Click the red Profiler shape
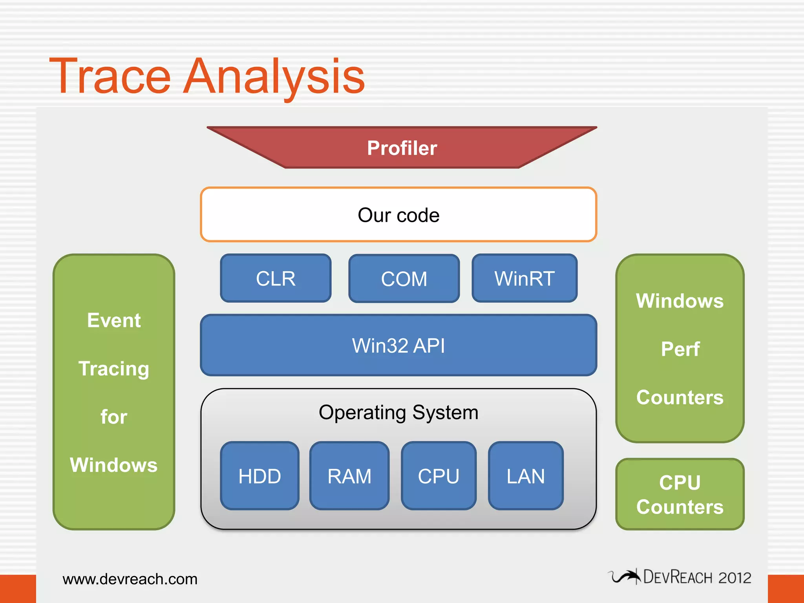point(402,148)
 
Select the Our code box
point(398,215)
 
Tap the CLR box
point(276,278)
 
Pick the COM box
point(404,279)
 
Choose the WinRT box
point(524,278)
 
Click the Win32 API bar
point(398,345)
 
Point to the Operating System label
point(398,412)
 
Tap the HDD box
point(259,476)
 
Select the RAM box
point(349,476)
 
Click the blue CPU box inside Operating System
point(439,476)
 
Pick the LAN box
point(526,476)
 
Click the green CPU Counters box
point(680,494)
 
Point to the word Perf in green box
point(680,349)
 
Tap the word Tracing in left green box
point(114,369)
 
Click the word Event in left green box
point(114,320)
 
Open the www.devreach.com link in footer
point(130,579)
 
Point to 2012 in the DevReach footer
point(735,578)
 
